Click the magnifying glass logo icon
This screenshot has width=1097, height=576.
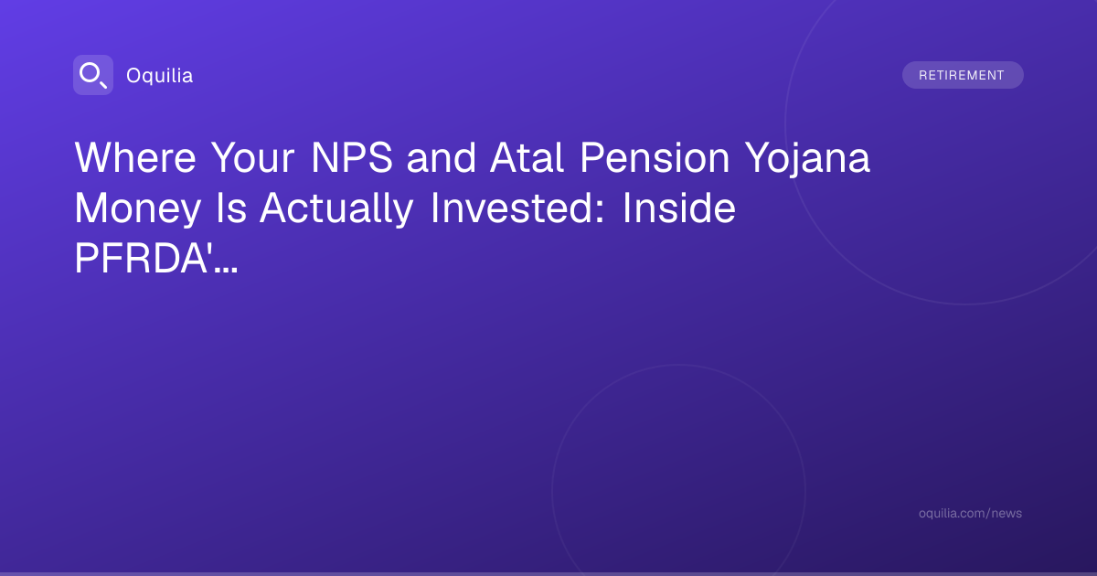tap(93, 75)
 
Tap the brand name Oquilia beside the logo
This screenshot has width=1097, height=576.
tap(160, 76)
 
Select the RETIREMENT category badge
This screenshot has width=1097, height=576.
tap(963, 75)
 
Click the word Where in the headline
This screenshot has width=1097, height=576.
tap(135, 157)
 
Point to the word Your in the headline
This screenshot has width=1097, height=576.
tap(252, 157)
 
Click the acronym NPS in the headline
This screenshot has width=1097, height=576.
tap(352, 157)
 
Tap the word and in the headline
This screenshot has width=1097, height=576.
tap(441, 157)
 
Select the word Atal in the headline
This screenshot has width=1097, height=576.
tap(527, 157)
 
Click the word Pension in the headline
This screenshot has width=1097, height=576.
tap(655, 157)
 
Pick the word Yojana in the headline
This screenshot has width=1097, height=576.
tap(807, 160)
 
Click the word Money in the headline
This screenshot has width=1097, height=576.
tap(138, 209)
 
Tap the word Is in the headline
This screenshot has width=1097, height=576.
tap(231, 208)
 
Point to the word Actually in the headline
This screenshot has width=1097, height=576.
tap(337, 209)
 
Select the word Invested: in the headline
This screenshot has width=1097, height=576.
tap(517, 208)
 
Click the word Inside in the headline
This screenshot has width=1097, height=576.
tap(678, 208)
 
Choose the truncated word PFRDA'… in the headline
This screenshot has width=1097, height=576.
tap(156, 258)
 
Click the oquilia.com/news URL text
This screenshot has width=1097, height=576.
tap(970, 513)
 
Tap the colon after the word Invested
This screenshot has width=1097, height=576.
tap(600, 212)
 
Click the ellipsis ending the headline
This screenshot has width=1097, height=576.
tap(227, 270)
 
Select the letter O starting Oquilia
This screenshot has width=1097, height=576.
tap(133, 76)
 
